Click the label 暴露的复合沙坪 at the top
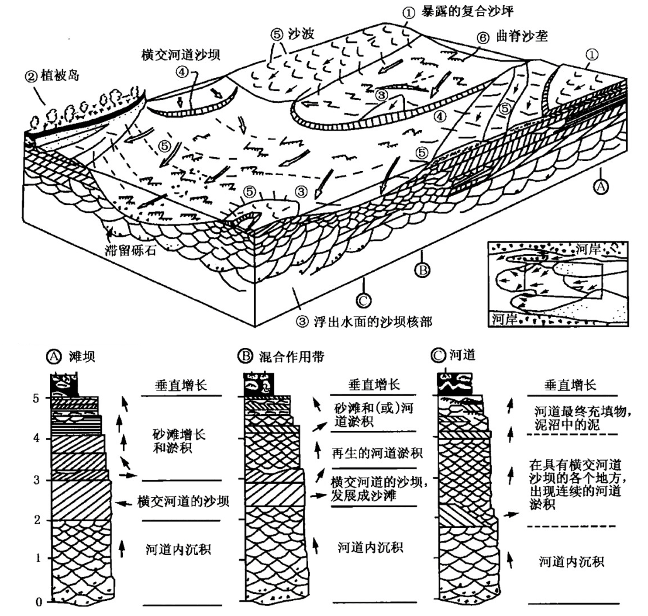[467, 11]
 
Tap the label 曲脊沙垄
[522, 36]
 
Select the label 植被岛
[60, 76]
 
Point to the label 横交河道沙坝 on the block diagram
[180, 55]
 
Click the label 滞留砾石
[130, 251]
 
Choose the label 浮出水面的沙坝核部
[373, 322]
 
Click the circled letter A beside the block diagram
[601, 187]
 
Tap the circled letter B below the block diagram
[423, 270]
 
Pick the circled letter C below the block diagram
[364, 300]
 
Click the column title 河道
[462, 355]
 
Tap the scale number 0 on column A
[39, 602]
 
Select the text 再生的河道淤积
[377, 453]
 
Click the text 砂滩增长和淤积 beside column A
[179, 441]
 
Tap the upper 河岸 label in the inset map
[588, 249]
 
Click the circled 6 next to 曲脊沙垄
[483, 38]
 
